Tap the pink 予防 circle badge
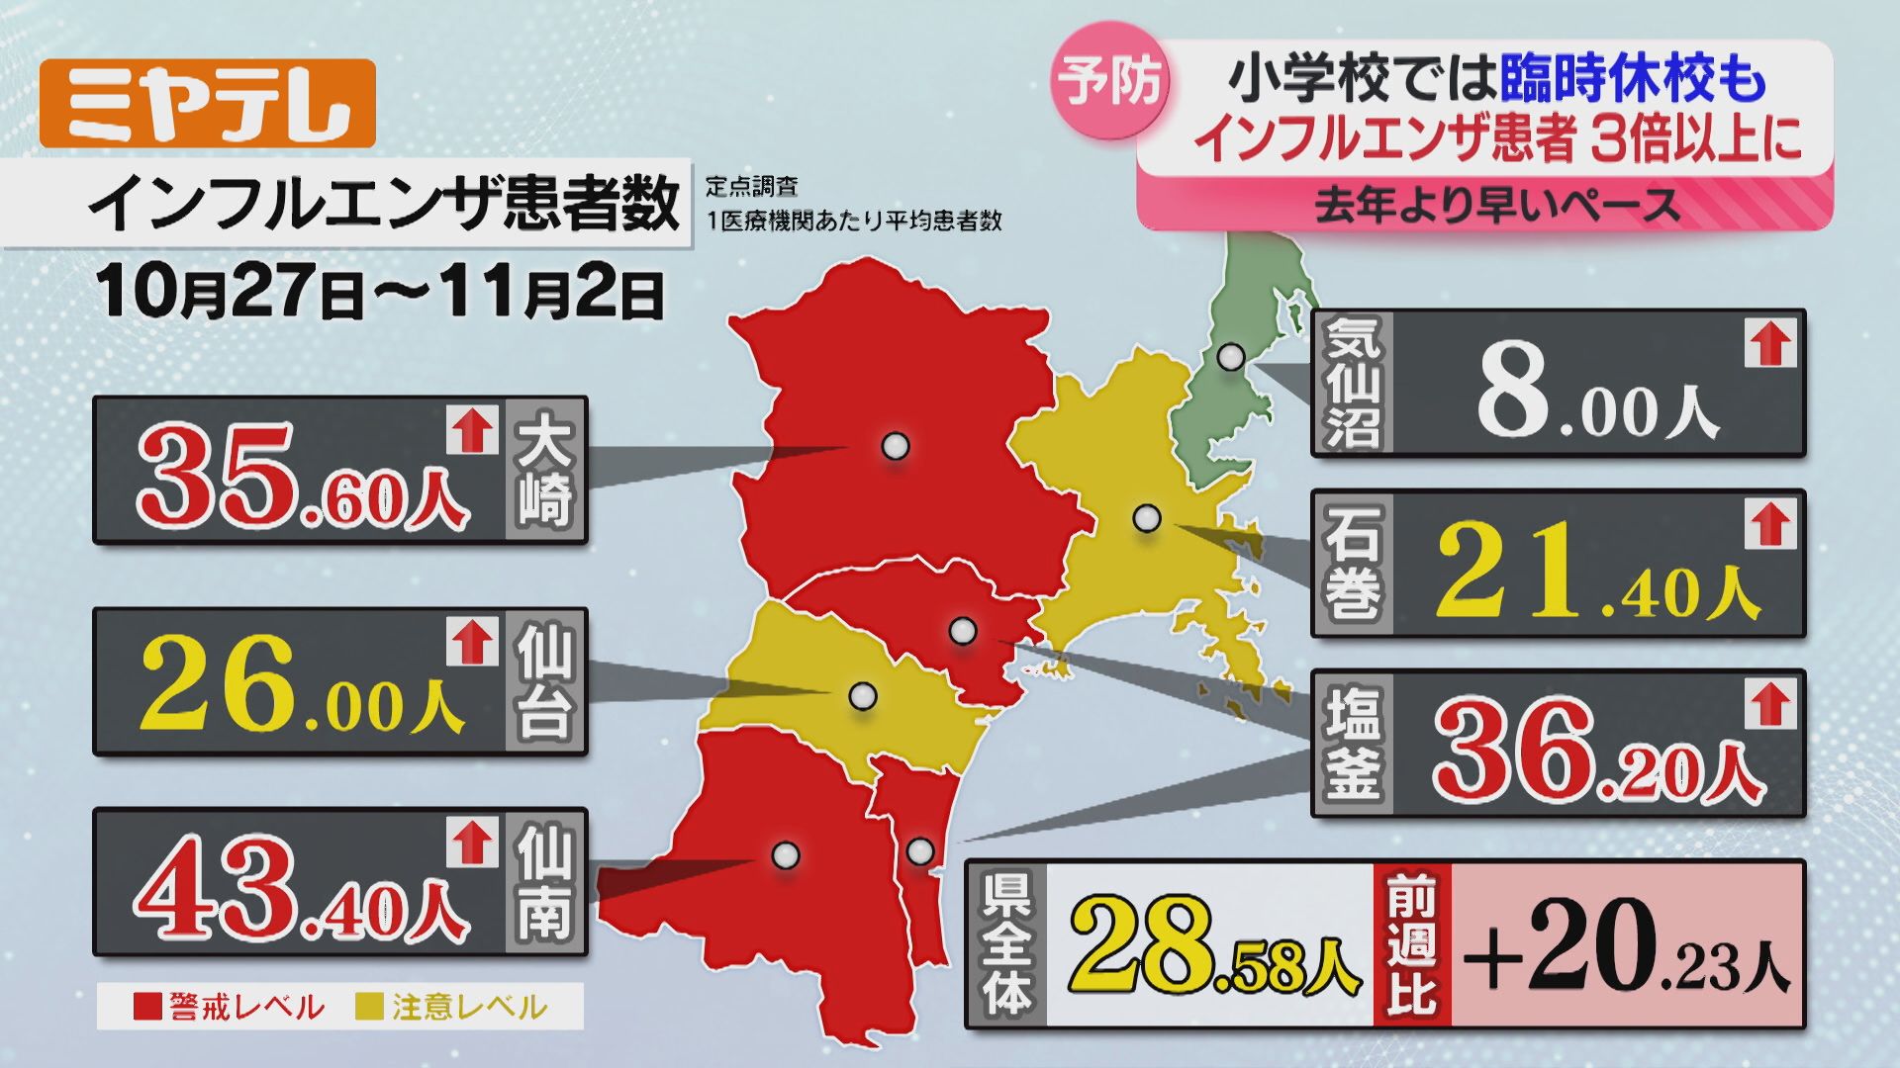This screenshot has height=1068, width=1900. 1109,81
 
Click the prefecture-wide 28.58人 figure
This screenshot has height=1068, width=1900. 1213,946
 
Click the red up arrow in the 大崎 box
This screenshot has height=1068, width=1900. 472,430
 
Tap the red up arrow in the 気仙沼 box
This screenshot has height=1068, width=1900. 1769,344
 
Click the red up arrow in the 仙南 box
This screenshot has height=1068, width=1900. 472,843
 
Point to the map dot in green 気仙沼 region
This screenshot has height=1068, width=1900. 1231,357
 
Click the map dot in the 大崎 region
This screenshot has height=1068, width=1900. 896,446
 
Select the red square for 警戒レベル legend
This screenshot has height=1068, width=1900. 147,1007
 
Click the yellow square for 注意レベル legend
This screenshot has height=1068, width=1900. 369,1007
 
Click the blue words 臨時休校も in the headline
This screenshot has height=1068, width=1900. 1632,80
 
